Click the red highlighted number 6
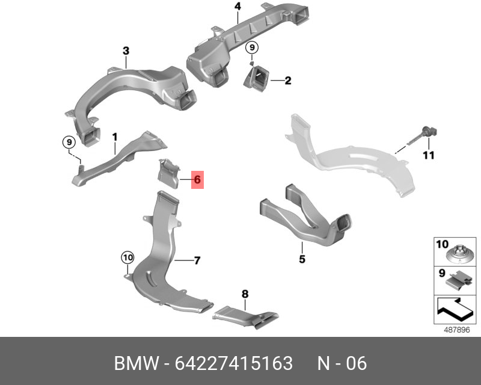(x=197, y=179)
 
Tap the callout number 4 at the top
(x=237, y=6)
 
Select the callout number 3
(x=126, y=51)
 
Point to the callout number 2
(x=288, y=81)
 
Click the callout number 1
(x=115, y=137)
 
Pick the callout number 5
(x=302, y=259)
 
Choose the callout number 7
(x=197, y=260)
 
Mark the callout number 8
(x=245, y=294)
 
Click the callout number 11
(x=429, y=155)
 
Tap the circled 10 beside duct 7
(x=127, y=257)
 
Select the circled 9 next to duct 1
(x=69, y=142)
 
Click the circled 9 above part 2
(x=252, y=48)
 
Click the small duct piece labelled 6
(x=168, y=173)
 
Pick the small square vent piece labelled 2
(x=257, y=79)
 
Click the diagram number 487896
(x=457, y=330)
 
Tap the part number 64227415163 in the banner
(x=234, y=363)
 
